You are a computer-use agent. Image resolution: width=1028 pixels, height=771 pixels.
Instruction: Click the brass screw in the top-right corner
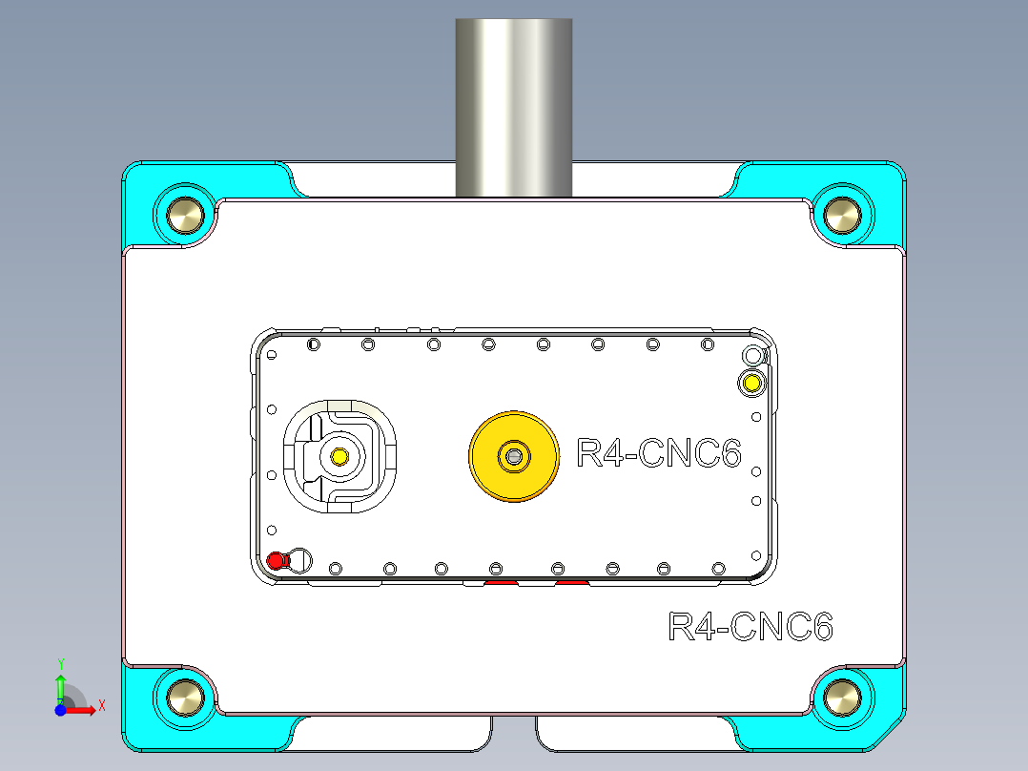pos(843,214)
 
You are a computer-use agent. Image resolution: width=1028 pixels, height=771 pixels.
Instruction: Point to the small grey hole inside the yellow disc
pos(514,456)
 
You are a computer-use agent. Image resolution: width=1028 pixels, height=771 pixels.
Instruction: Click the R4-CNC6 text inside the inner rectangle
pos(659,453)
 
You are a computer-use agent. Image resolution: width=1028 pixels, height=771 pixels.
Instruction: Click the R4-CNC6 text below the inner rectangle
pos(750,627)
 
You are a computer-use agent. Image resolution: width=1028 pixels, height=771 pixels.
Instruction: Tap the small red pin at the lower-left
pos(277,561)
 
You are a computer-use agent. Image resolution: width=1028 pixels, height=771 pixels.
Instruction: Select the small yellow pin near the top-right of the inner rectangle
pos(751,384)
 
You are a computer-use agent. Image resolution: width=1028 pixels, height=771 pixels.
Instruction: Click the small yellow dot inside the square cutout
pos(339,457)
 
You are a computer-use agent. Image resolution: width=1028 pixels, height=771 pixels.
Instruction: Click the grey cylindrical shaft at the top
pos(514,105)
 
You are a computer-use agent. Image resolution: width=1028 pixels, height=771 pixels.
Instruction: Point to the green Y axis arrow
pos(60,683)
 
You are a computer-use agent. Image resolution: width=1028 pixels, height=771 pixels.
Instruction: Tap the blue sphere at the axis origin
pos(60,710)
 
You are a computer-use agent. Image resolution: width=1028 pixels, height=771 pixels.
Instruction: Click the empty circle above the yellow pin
pos(752,357)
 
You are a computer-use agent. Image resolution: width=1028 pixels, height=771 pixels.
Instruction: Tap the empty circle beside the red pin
pos(299,559)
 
